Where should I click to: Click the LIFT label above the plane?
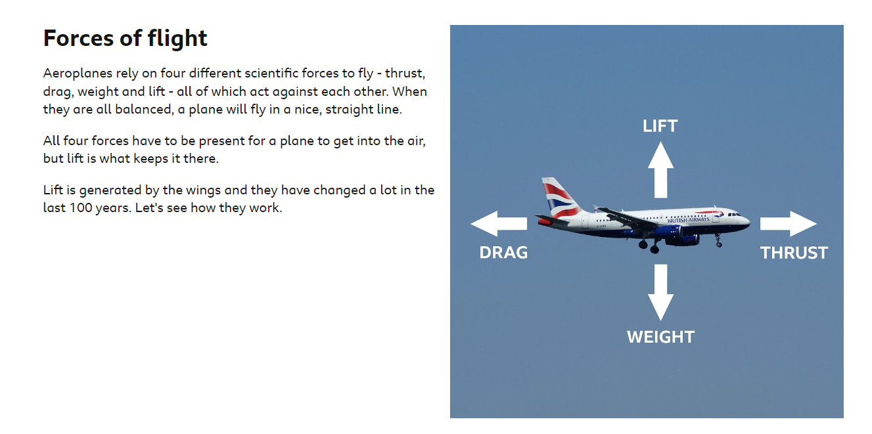(x=660, y=126)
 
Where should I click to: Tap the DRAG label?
(x=503, y=252)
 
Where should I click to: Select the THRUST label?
(x=794, y=253)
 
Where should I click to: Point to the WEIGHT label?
(x=660, y=337)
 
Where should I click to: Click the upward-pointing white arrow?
(x=660, y=170)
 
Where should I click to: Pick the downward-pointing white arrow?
(x=660, y=292)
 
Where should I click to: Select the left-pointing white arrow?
(x=499, y=224)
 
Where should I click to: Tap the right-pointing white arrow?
(x=789, y=224)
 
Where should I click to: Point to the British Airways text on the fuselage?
(x=688, y=220)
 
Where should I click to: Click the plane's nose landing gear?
(x=718, y=240)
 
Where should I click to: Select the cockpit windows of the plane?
(x=734, y=214)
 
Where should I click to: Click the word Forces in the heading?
(x=78, y=38)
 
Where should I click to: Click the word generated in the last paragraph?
(x=110, y=190)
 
